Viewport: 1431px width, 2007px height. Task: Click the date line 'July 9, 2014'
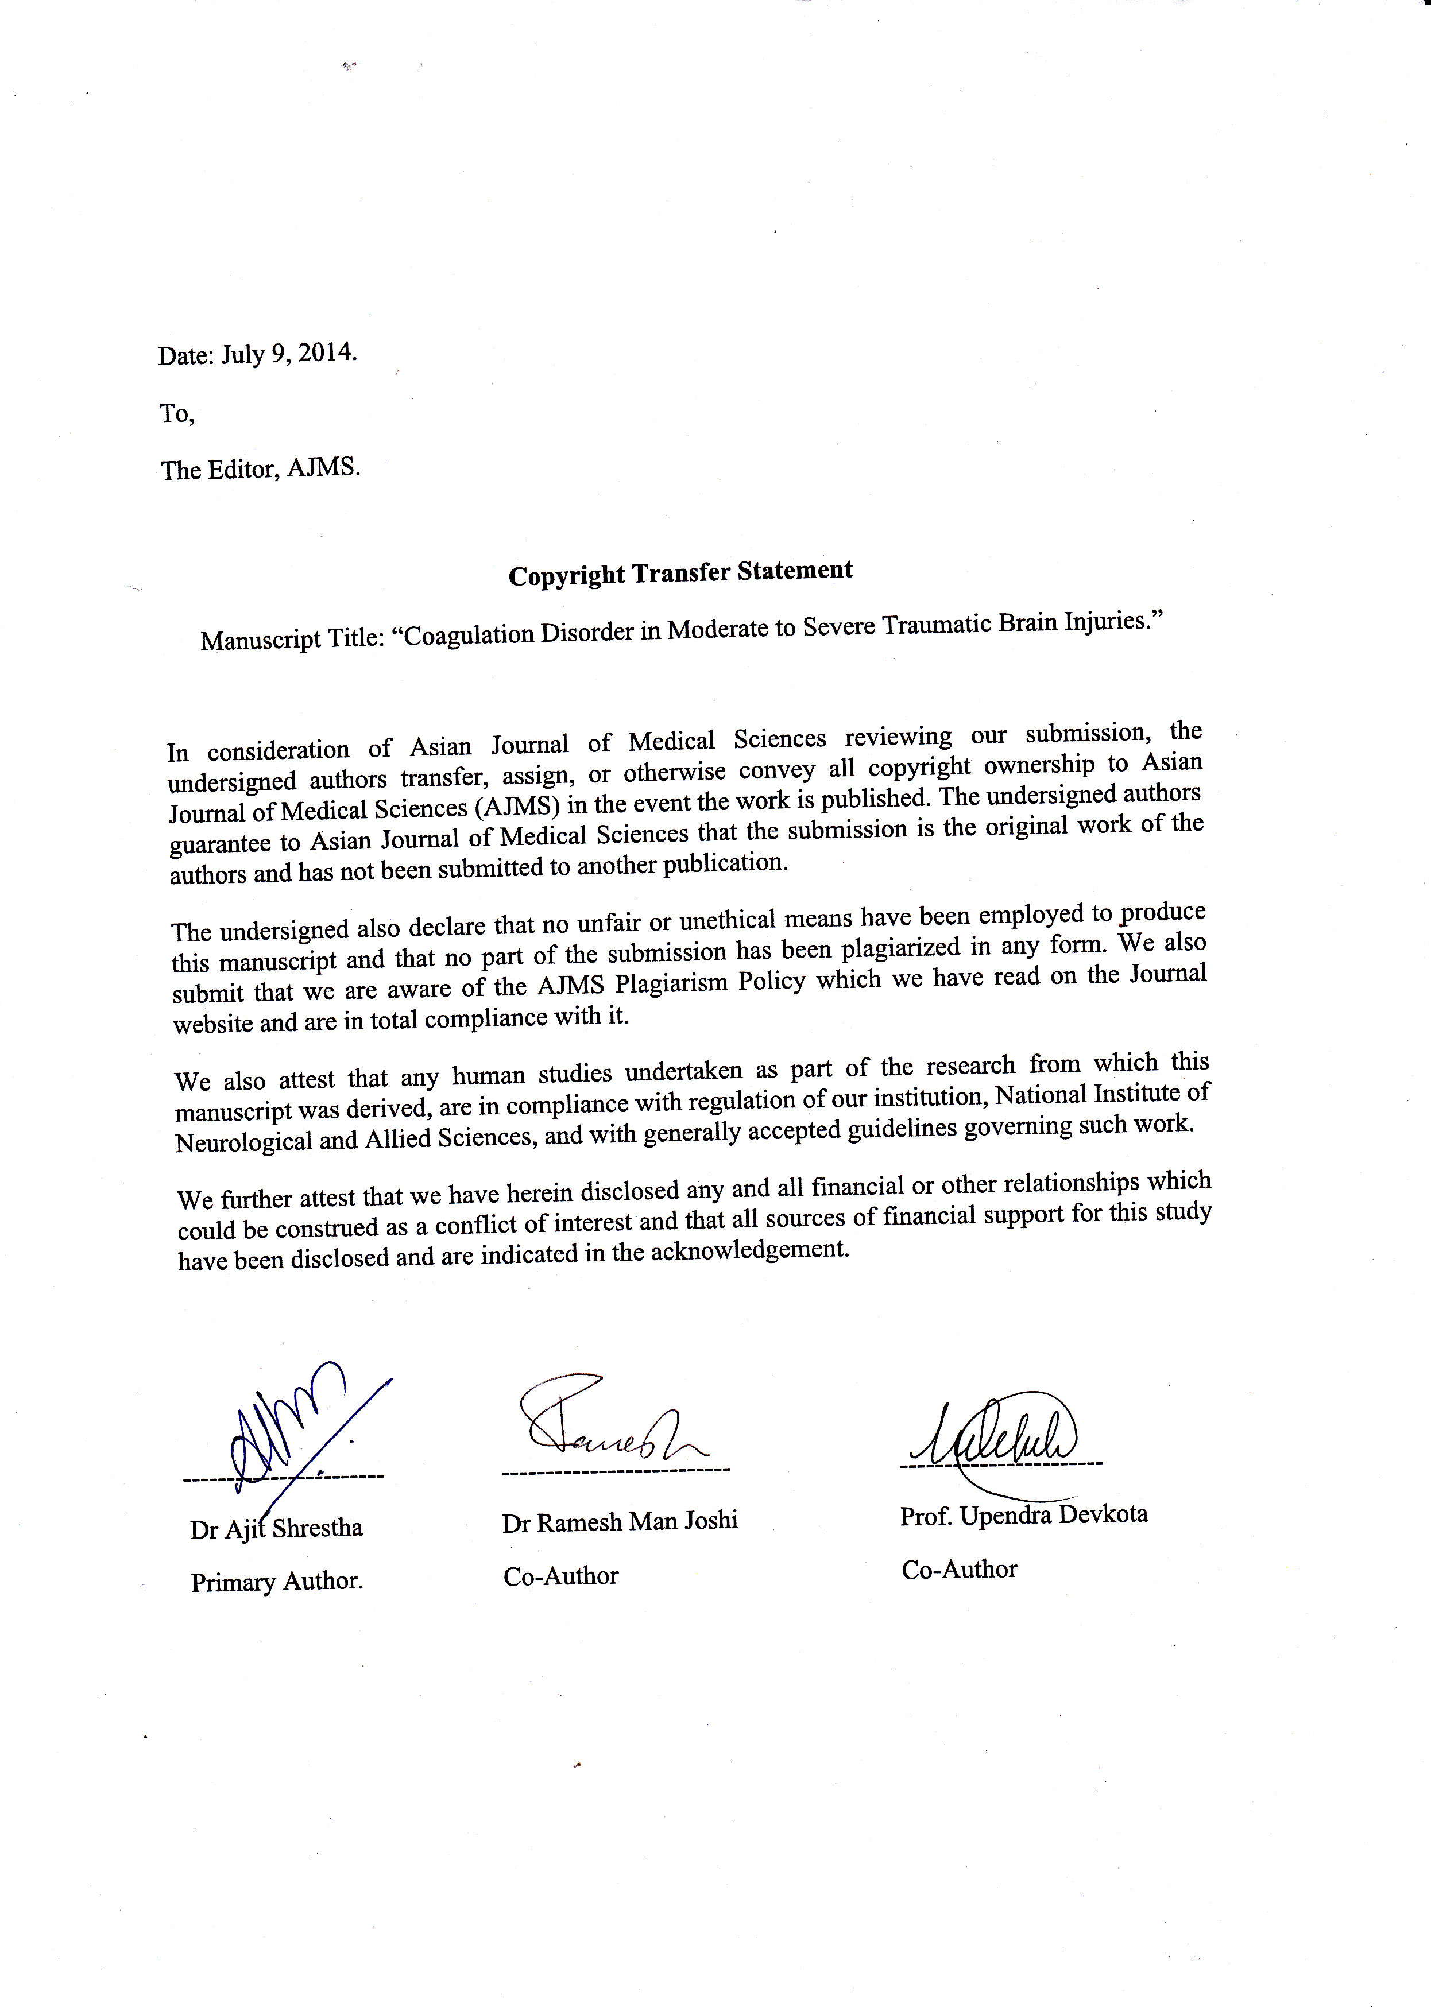[x=288, y=354]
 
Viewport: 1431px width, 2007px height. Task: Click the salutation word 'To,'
[x=177, y=413]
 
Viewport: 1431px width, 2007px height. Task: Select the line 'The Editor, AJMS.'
[x=261, y=468]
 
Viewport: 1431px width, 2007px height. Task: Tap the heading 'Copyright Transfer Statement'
[x=680, y=573]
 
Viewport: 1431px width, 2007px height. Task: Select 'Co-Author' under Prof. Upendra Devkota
[x=960, y=1569]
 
